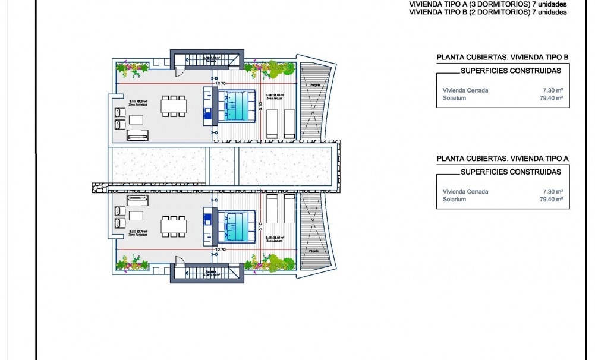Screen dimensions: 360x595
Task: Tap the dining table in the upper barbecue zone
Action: point(174,106)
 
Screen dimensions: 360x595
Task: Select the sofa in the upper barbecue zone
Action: point(138,135)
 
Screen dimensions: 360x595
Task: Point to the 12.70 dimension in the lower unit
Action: point(221,250)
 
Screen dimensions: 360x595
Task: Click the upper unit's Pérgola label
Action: point(314,86)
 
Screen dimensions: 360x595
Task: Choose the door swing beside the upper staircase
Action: point(179,72)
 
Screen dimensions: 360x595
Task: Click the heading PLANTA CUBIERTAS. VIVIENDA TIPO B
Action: point(503,57)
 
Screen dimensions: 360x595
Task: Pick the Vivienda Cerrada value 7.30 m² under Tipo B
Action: point(552,90)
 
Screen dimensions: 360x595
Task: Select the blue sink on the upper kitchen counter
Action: point(207,115)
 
